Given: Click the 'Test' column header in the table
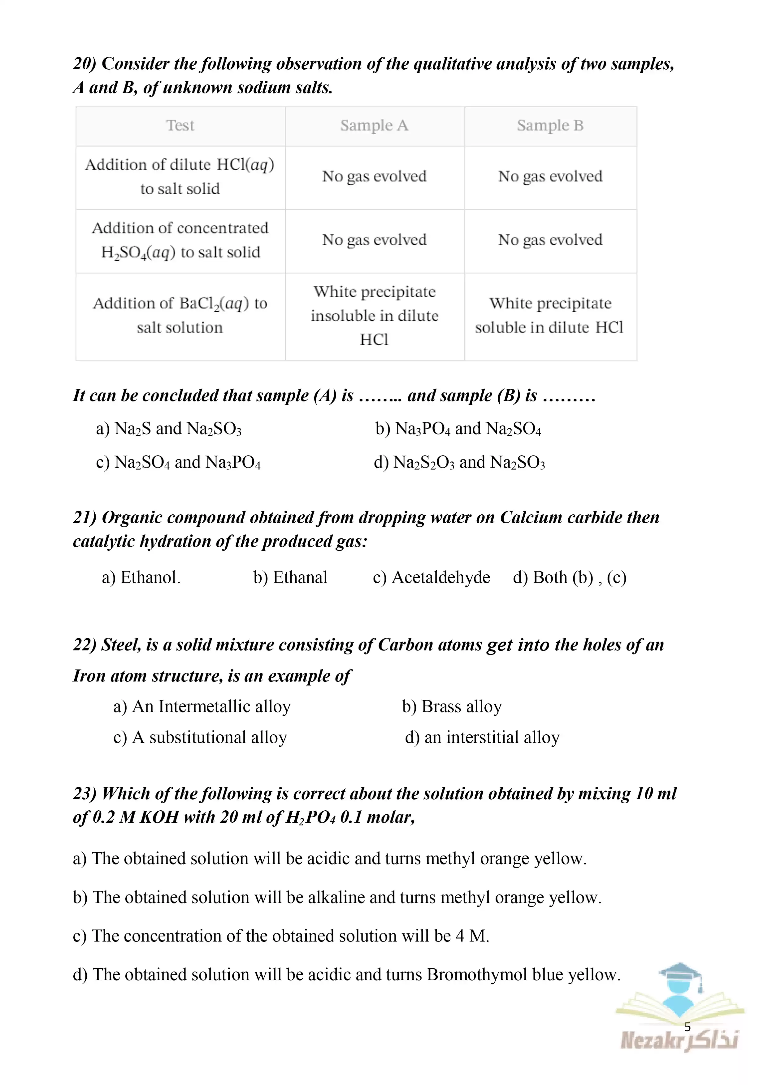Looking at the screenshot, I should pyautogui.click(x=180, y=126).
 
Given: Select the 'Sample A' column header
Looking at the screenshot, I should pyautogui.click(x=374, y=126).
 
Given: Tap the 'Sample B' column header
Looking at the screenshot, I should pyautogui.click(x=550, y=126).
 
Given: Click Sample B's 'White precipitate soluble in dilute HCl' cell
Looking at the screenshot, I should pyautogui.click(x=550, y=315).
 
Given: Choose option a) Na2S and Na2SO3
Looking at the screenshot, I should pyautogui.click(x=168, y=429).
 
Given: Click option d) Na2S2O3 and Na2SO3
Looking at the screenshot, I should pyautogui.click(x=459, y=462).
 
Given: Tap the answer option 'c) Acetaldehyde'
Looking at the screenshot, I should pyautogui.click(x=431, y=577).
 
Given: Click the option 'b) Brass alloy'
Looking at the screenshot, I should pyautogui.click(x=452, y=706).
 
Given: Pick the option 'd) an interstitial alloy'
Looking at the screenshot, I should pyautogui.click(x=482, y=737).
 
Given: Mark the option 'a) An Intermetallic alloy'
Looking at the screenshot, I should pyautogui.click(x=202, y=706).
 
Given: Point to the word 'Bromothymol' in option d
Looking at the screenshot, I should pyautogui.click(x=477, y=974).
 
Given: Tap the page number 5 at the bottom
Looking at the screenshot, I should pyautogui.click(x=687, y=1027).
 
